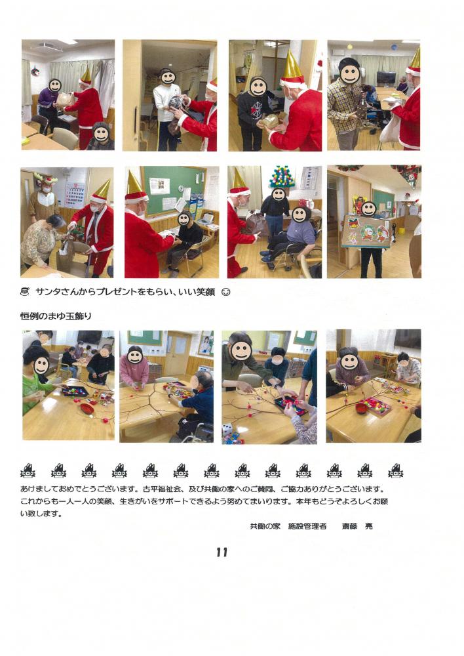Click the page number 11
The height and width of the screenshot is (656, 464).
click(x=222, y=552)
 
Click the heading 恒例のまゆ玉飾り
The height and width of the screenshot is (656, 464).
click(x=56, y=316)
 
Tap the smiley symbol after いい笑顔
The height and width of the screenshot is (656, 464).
click(x=225, y=292)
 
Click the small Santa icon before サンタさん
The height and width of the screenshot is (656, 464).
click(x=25, y=292)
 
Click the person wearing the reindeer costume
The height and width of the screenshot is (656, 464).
click(x=43, y=199)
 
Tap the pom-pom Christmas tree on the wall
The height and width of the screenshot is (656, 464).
click(x=282, y=176)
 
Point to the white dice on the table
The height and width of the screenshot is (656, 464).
click(x=227, y=430)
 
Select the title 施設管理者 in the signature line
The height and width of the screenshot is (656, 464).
click(x=307, y=526)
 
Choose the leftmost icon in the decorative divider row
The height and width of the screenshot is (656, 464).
click(x=28, y=471)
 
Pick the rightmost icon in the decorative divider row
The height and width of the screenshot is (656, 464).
click(x=395, y=471)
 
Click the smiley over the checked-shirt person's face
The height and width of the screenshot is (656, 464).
click(x=350, y=73)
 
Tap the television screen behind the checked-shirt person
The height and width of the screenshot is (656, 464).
click(x=386, y=77)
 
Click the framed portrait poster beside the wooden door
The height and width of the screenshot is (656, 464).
click(x=206, y=342)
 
